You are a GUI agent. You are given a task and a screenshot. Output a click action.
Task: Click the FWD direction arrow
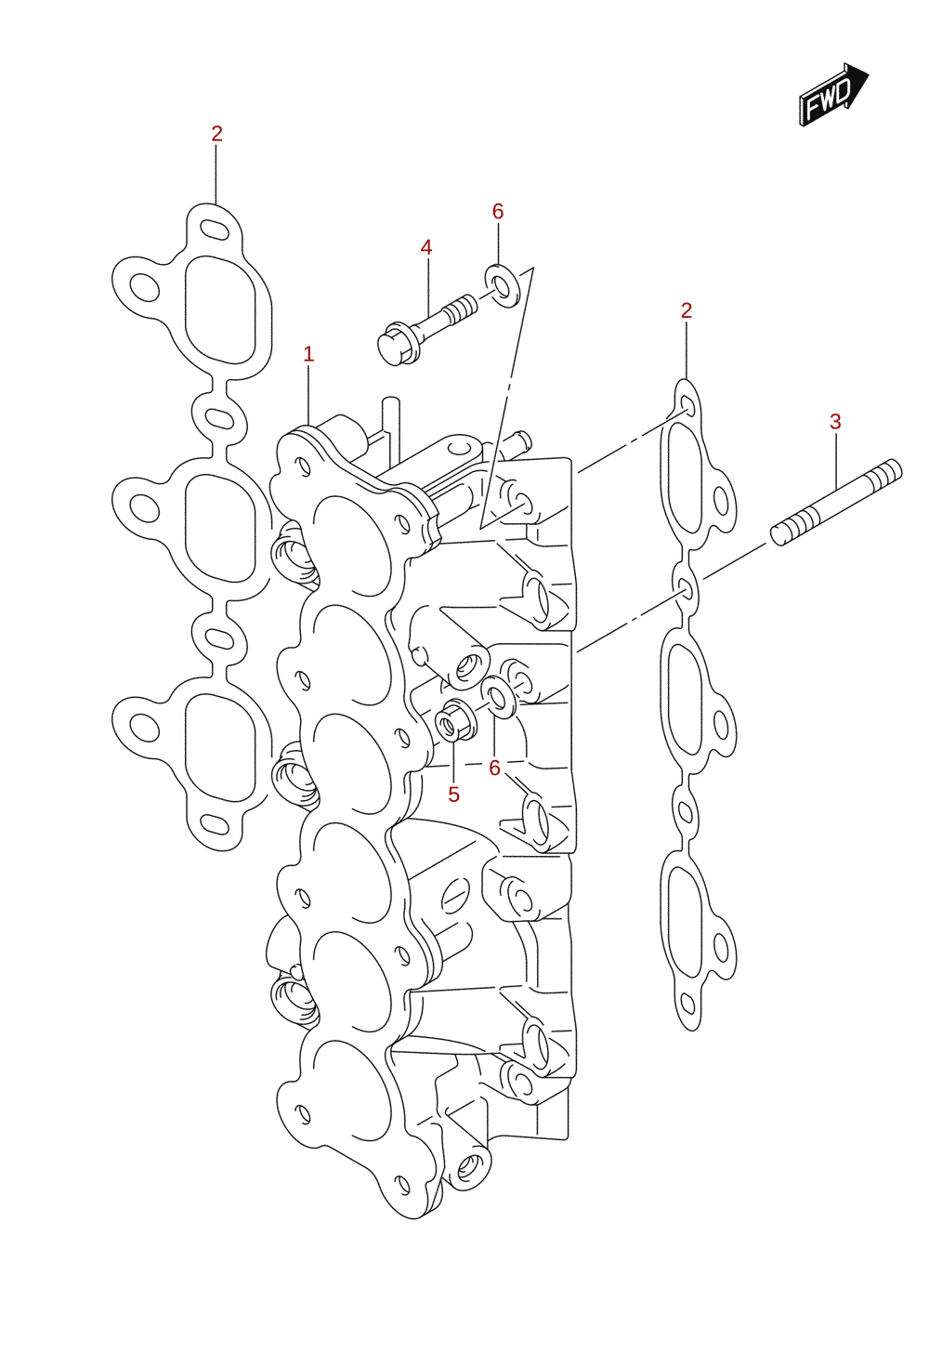(x=834, y=94)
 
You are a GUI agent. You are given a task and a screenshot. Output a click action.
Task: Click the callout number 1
(x=308, y=355)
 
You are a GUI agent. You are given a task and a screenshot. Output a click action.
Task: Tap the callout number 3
(x=835, y=422)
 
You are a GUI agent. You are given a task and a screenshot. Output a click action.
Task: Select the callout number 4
(x=426, y=247)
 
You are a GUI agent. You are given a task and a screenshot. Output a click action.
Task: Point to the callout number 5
(x=453, y=795)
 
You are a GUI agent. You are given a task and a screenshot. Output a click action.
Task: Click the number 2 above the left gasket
(x=216, y=134)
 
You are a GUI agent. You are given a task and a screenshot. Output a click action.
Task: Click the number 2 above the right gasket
(x=687, y=311)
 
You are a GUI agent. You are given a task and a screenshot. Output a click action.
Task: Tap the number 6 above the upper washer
(x=498, y=212)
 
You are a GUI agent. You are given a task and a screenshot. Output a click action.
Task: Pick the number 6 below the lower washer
(x=495, y=768)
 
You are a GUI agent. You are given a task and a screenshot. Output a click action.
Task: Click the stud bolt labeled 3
(x=836, y=503)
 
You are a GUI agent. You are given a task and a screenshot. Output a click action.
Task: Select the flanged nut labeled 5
(x=455, y=720)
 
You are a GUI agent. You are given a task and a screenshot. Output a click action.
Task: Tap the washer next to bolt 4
(x=503, y=285)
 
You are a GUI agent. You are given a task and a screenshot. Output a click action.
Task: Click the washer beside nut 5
(x=498, y=698)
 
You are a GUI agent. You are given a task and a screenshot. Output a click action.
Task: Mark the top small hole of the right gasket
(x=687, y=406)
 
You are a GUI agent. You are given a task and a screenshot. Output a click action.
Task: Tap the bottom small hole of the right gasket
(x=687, y=1004)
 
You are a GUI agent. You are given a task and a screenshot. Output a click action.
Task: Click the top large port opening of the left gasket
(x=219, y=310)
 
